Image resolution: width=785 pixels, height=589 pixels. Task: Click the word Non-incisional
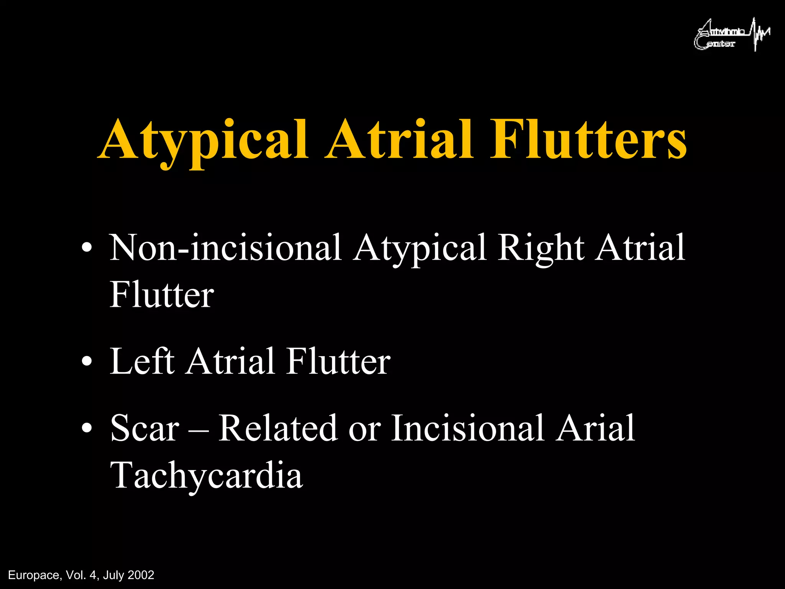(225, 248)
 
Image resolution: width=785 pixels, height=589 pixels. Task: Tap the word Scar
(145, 428)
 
